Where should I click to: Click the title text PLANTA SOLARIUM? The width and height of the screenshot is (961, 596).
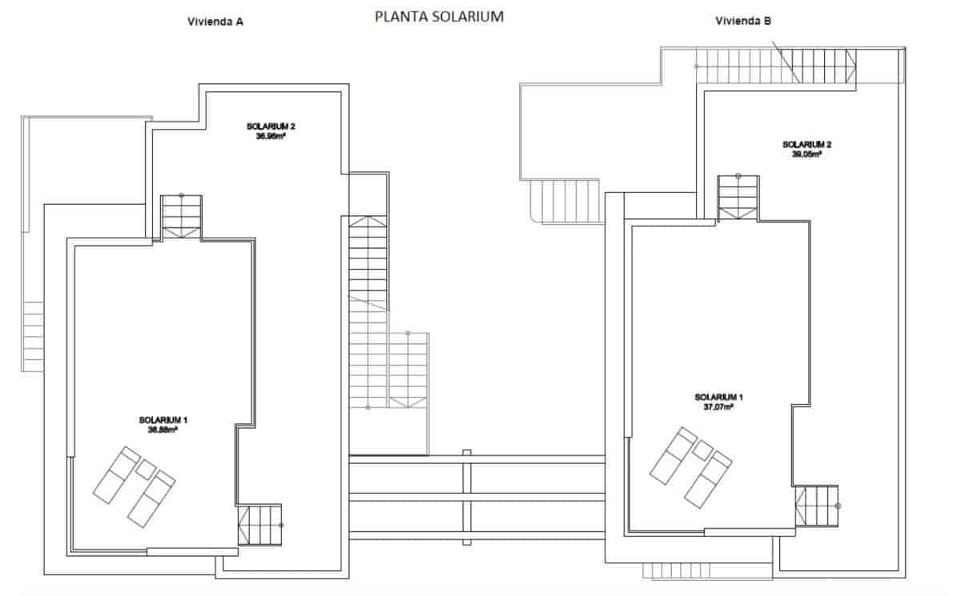pos(439,17)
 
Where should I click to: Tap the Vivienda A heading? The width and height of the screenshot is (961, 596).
pos(215,22)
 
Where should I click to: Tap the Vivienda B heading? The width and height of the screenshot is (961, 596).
pos(743,22)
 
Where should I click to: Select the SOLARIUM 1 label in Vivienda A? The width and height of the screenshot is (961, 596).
pos(163,420)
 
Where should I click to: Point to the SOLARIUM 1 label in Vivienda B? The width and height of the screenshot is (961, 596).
pos(718,398)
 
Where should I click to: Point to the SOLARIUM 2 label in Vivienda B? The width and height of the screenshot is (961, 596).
pos(806,145)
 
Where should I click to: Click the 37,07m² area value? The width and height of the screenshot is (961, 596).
pos(718,407)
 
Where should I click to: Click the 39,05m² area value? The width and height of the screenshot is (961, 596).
pos(806,154)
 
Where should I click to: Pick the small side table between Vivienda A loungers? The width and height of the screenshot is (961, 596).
pos(146,469)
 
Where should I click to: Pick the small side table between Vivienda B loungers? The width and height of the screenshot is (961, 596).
pos(702,450)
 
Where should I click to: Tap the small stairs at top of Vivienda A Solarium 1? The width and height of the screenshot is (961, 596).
pos(182,217)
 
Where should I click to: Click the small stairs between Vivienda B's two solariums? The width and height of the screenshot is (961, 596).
pos(738,197)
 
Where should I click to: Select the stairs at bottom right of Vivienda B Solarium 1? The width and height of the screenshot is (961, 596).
pos(816,506)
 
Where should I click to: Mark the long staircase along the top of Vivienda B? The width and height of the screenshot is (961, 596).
pos(775,66)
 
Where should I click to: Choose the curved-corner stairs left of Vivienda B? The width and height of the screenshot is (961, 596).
pos(565,202)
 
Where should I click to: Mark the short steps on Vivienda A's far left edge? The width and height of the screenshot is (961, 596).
pos(33,336)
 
